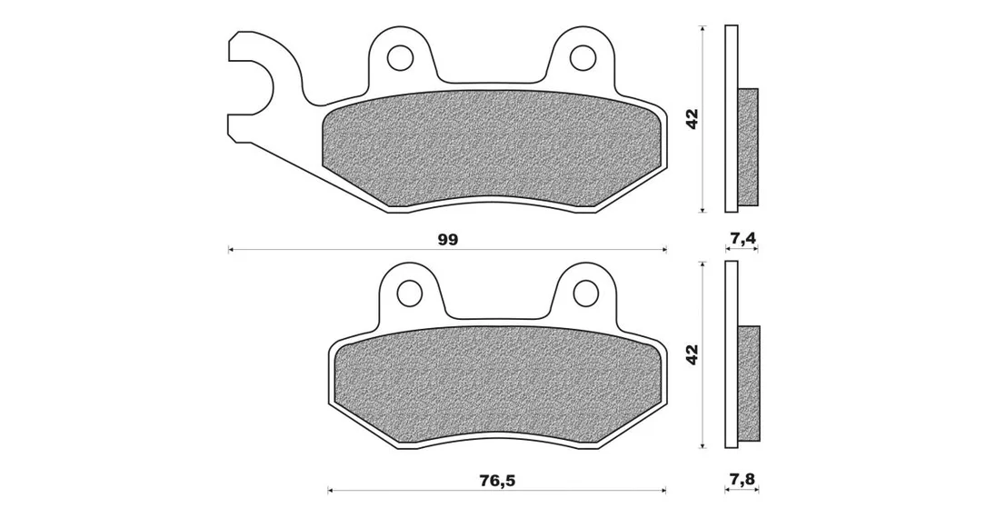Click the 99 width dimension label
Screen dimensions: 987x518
[449, 240]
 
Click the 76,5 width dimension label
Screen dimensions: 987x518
[497, 481]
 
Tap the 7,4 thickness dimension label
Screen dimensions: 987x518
[743, 238]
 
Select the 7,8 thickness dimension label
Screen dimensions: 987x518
[743, 480]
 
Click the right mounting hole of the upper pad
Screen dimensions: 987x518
[583, 58]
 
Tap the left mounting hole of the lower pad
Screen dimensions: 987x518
[409, 292]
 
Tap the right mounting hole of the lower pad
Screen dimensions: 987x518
[586, 292]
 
